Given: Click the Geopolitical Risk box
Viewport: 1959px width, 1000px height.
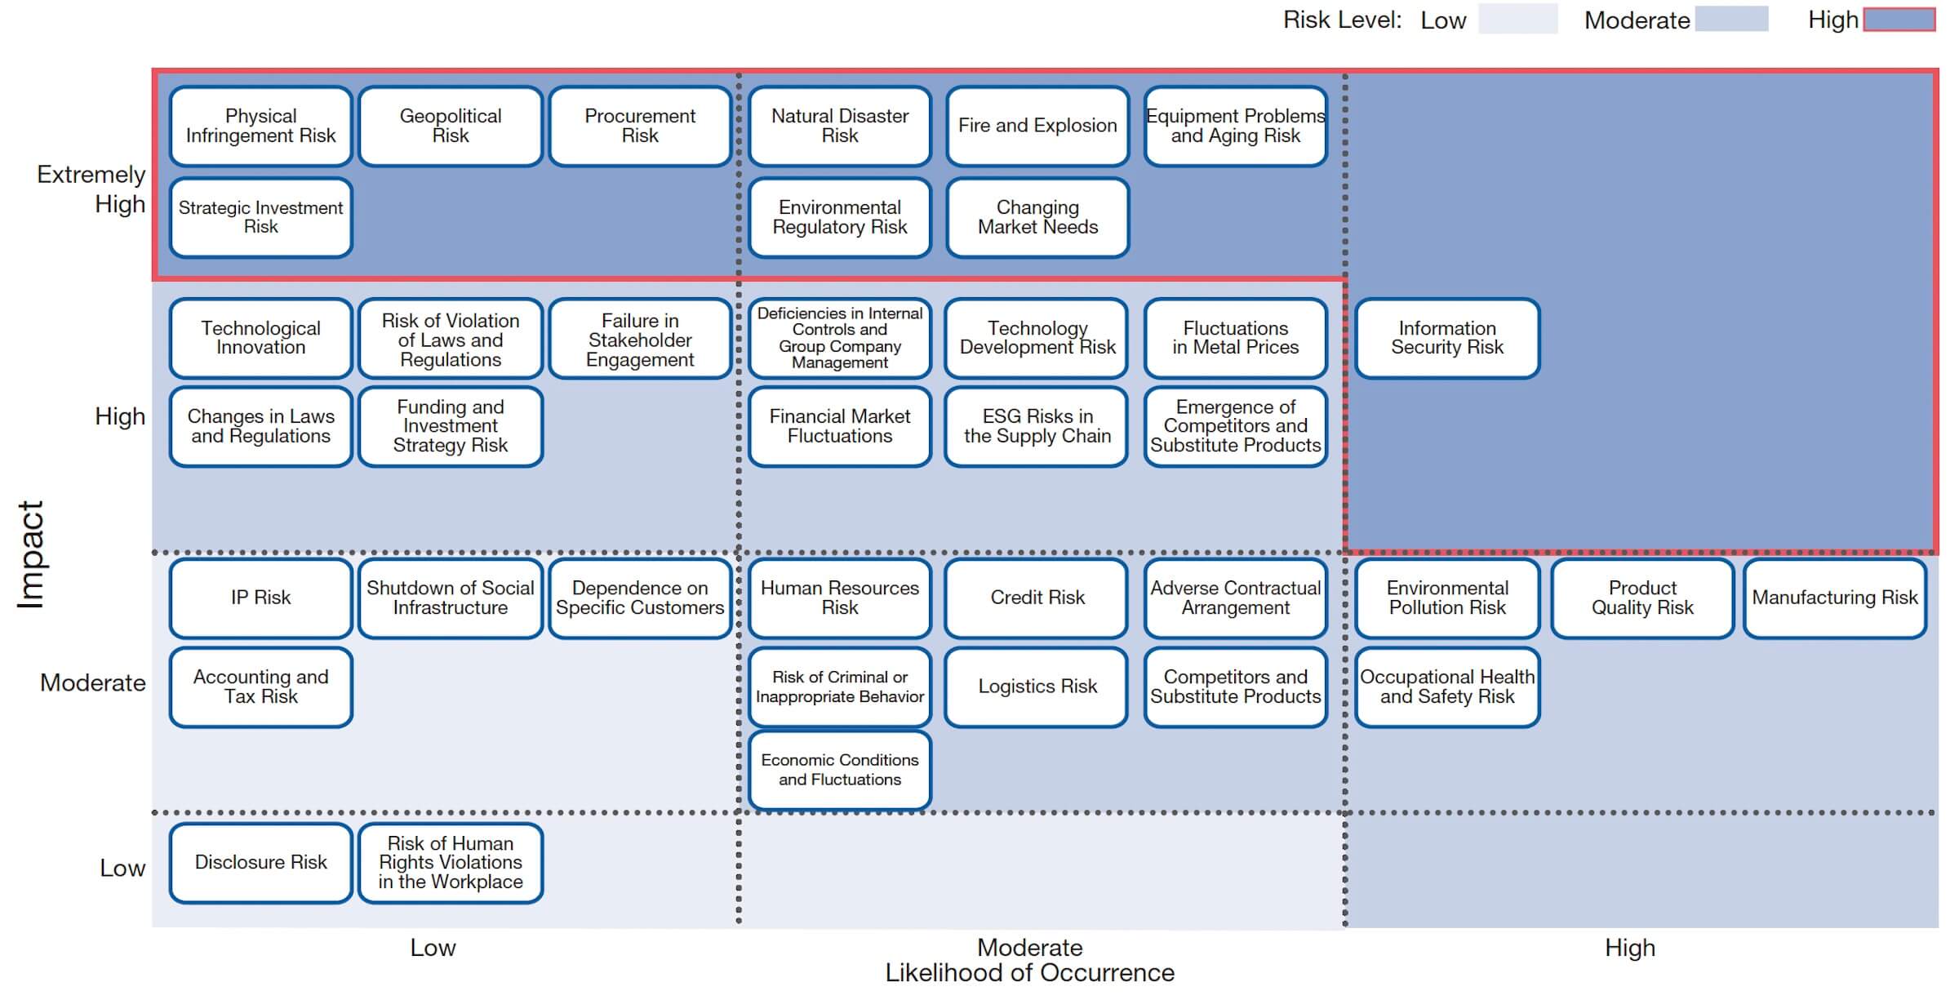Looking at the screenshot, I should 451,127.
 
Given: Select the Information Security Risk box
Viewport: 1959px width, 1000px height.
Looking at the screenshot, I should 1447,338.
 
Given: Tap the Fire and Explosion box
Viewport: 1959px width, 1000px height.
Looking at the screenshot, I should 1037,127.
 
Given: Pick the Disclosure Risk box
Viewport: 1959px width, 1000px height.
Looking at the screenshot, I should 261,863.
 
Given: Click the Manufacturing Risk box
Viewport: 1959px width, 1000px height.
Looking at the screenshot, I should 1835,598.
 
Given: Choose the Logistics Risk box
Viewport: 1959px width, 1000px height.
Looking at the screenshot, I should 1037,687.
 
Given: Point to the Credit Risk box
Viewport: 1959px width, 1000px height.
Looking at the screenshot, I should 1037,598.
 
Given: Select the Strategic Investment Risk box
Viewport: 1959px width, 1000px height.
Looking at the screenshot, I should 261,217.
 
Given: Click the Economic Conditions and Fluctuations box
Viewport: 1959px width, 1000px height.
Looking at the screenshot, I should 840,770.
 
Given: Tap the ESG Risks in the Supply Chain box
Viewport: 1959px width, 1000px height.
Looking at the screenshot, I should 1037,426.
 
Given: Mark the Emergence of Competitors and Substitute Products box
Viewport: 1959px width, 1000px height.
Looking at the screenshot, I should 1236,426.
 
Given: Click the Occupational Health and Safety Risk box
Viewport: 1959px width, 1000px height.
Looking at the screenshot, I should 1447,687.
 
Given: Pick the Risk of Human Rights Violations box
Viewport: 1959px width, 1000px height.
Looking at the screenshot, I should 451,863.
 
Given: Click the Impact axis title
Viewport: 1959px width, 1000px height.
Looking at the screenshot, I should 31,555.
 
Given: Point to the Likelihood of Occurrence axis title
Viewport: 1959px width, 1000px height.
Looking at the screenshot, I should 1030,973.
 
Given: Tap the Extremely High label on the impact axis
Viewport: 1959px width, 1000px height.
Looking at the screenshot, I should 91,189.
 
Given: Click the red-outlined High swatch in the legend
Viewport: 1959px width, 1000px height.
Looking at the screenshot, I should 1899,20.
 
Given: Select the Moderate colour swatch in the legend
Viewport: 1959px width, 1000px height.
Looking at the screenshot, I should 1731,20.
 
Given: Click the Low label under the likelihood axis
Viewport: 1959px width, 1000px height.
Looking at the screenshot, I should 433,948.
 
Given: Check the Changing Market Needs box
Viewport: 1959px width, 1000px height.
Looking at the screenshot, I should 1037,217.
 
